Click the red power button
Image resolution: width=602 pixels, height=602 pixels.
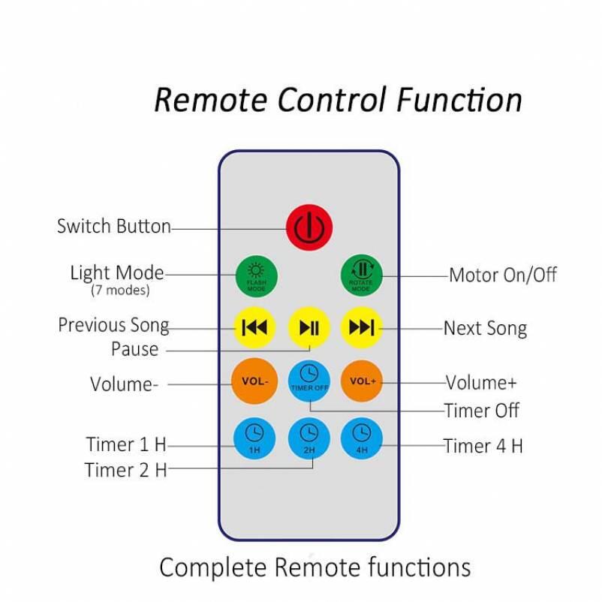tap(309, 227)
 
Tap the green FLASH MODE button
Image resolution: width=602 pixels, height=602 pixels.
tap(256, 276)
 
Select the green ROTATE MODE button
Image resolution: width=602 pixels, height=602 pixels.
tap(361, 275)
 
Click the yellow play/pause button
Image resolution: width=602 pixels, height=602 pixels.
tap(309, 327)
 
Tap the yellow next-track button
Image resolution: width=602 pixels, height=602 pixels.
tap(362, 327)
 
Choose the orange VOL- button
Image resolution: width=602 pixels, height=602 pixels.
tap(254, 381)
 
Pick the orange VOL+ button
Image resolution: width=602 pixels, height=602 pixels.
tap(362, 381)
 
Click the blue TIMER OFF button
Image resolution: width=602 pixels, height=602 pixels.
tap(309, 381)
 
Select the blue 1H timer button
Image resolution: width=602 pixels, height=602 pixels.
tap(254, 438)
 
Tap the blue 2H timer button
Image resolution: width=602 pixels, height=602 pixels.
tap(309, 438)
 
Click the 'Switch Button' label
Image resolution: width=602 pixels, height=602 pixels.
tap(114, 226)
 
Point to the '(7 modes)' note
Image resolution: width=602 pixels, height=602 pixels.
tap(120, 290)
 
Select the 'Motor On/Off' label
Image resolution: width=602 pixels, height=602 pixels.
tap(503, 275)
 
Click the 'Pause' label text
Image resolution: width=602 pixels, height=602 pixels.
tap(135, 349)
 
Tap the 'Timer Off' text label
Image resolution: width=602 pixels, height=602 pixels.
tap(482, 411)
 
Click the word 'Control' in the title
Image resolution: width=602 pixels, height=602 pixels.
tap(332, 99)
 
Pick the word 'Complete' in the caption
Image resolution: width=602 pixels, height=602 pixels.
tap(213, 567)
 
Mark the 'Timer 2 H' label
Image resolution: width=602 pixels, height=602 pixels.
tap(126, 470)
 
